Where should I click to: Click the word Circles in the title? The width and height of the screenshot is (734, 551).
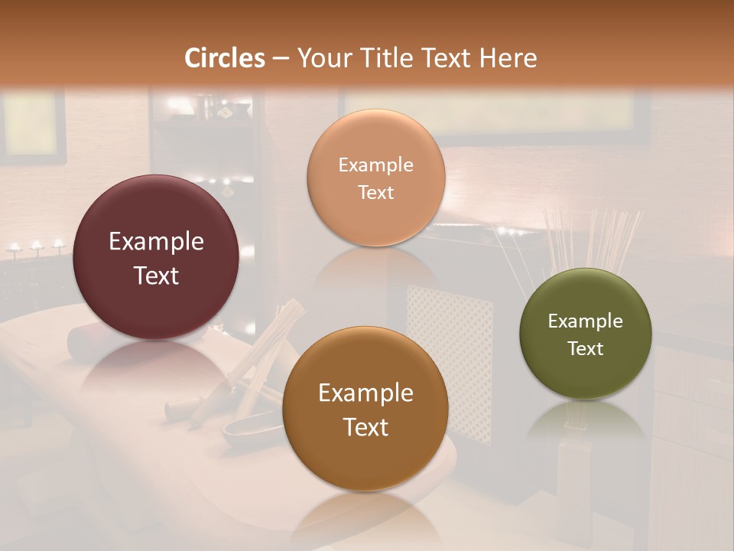(225, 58)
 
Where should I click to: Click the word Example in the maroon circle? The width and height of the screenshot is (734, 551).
(156, 242)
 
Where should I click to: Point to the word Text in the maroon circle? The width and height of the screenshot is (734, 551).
(156, 275)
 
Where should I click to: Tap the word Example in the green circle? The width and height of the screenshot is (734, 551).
(585, 321)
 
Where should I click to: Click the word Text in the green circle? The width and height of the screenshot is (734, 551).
(585, 349)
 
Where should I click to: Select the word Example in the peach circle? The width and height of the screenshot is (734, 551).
(375, 165)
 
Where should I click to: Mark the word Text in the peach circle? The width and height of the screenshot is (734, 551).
(375, 193)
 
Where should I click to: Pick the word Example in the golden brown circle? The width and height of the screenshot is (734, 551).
(365, 393)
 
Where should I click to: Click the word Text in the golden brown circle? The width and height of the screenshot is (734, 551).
(365, 427)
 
